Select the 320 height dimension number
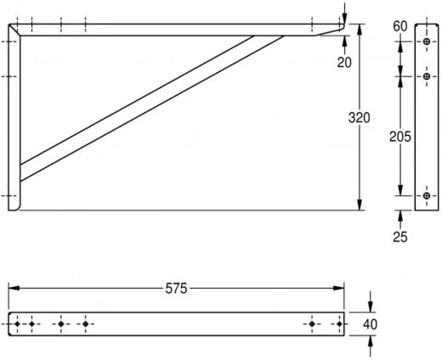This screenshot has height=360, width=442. click(x=359, y=118)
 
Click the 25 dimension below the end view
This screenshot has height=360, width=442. click(x=400, y=236)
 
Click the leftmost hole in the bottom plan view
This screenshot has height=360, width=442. click(x=17, y=323)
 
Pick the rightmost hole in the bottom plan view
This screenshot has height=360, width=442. click(x=337, y=323)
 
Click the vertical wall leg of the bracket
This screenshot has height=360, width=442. click(x=14, y=119)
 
